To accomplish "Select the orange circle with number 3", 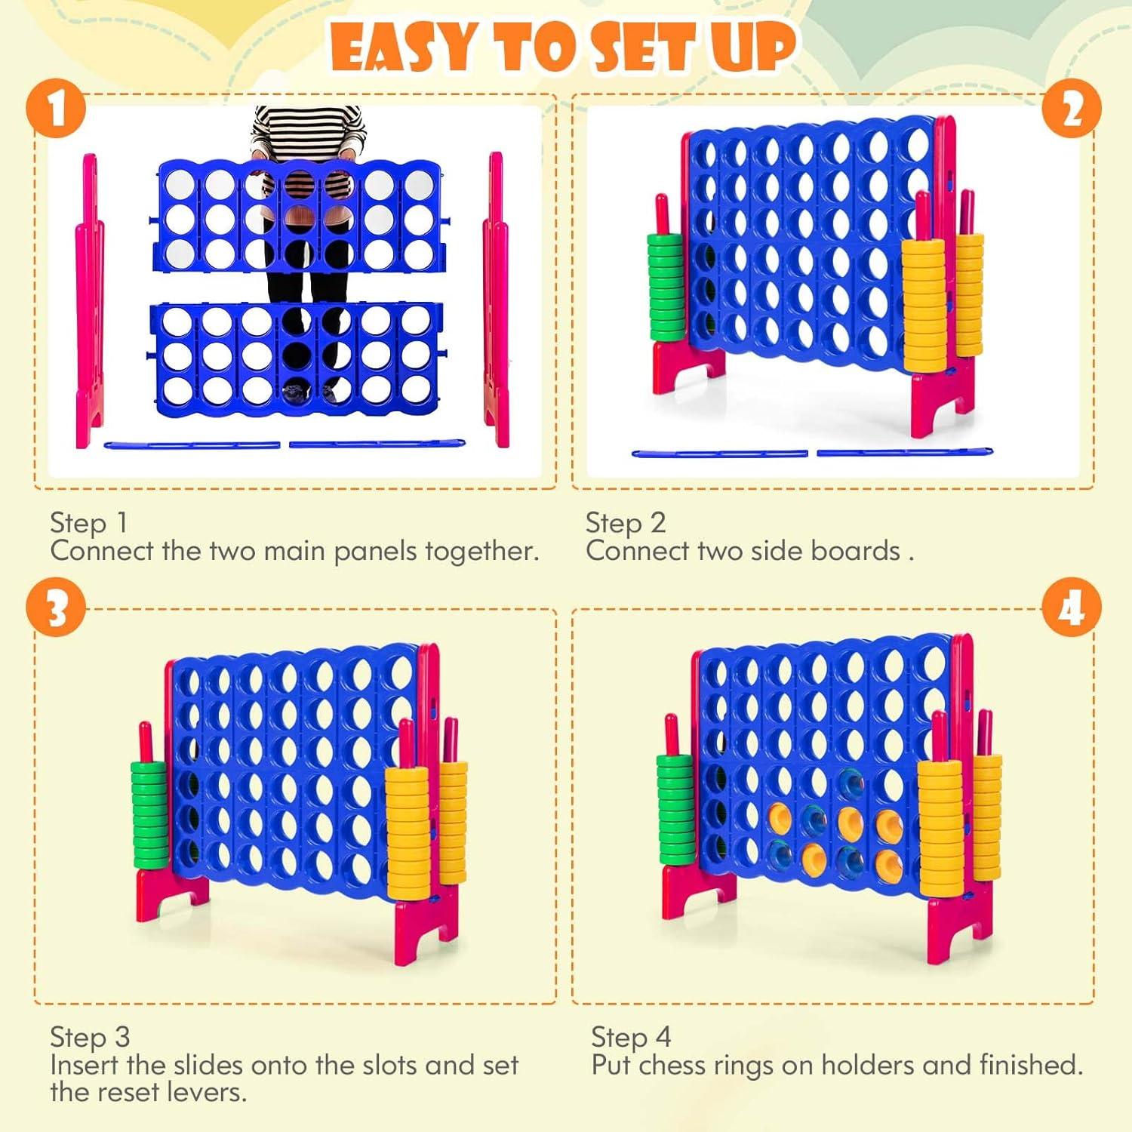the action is click(56, 608).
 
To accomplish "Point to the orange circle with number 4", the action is click(1072, 608).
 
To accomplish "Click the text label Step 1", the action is click(88, 523).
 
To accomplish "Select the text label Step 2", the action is click(626, 523).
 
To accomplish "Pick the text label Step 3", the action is click(90, 1038).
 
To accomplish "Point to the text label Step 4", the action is click(631, 1038).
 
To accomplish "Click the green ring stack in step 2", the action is click(666, 287).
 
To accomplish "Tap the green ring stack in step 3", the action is click(149, 815).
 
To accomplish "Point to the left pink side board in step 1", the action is click(90, 302).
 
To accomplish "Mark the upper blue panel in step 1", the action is click(300, 215).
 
